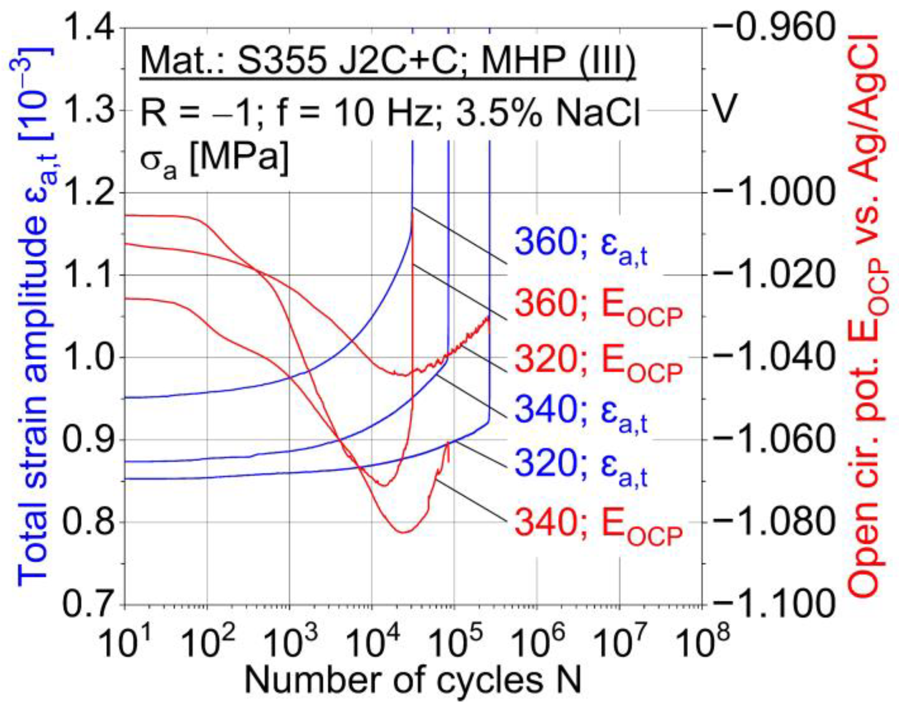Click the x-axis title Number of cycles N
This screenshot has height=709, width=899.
coord(413,682)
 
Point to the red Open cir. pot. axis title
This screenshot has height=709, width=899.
coord(868,316)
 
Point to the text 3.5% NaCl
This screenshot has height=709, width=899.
coord(548,113)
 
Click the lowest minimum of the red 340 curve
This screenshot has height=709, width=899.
coord(404,532)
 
